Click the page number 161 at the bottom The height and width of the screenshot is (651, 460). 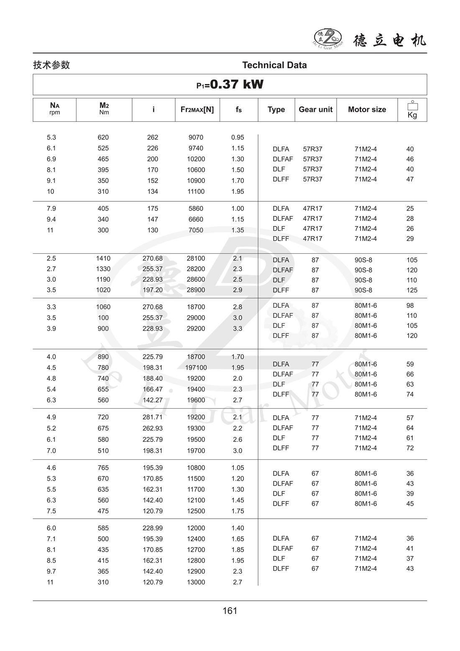(230, 611)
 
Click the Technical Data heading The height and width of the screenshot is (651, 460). (274, 65)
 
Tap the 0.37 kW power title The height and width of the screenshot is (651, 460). (230, 85)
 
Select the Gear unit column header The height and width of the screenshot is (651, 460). (315, 109)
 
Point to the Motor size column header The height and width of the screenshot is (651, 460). (367, 109)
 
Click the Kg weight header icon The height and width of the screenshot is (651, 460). (412, 110)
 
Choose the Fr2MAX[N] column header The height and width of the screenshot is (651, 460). (197, 109)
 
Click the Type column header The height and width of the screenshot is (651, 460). (276, 109)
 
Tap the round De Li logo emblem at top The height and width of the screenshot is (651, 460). (328, 39)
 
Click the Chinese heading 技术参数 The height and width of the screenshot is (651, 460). (51, 65)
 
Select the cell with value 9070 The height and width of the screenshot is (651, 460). (196, 137)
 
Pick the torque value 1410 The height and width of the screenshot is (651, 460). (103, 258)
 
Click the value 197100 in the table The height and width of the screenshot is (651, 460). (196, 368)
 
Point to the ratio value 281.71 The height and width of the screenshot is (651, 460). (153, 417)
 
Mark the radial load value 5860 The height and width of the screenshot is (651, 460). (196, 208)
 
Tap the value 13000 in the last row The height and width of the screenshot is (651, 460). (196, 582)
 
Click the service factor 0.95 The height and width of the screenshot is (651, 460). (238, 137)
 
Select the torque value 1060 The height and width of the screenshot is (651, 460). (103, 307)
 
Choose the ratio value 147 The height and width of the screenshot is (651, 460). (153, 219)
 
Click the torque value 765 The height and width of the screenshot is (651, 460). (103, 468)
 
